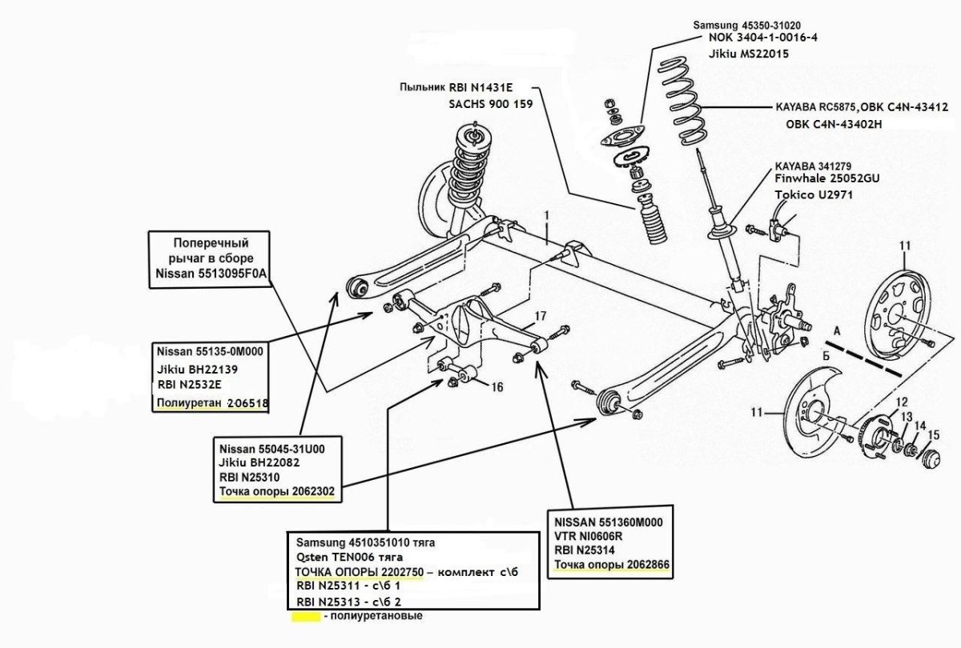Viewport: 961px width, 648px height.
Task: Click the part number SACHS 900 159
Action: click(489, 104)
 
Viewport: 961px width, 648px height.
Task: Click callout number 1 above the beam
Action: click(546, 215)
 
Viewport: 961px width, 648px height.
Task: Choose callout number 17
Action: click(541, 315)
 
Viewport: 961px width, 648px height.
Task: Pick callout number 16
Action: click(497, 387)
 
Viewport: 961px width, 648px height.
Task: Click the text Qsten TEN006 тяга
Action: click(349, 556)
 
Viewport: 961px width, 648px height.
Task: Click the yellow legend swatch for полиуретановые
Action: click(305, 618)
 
